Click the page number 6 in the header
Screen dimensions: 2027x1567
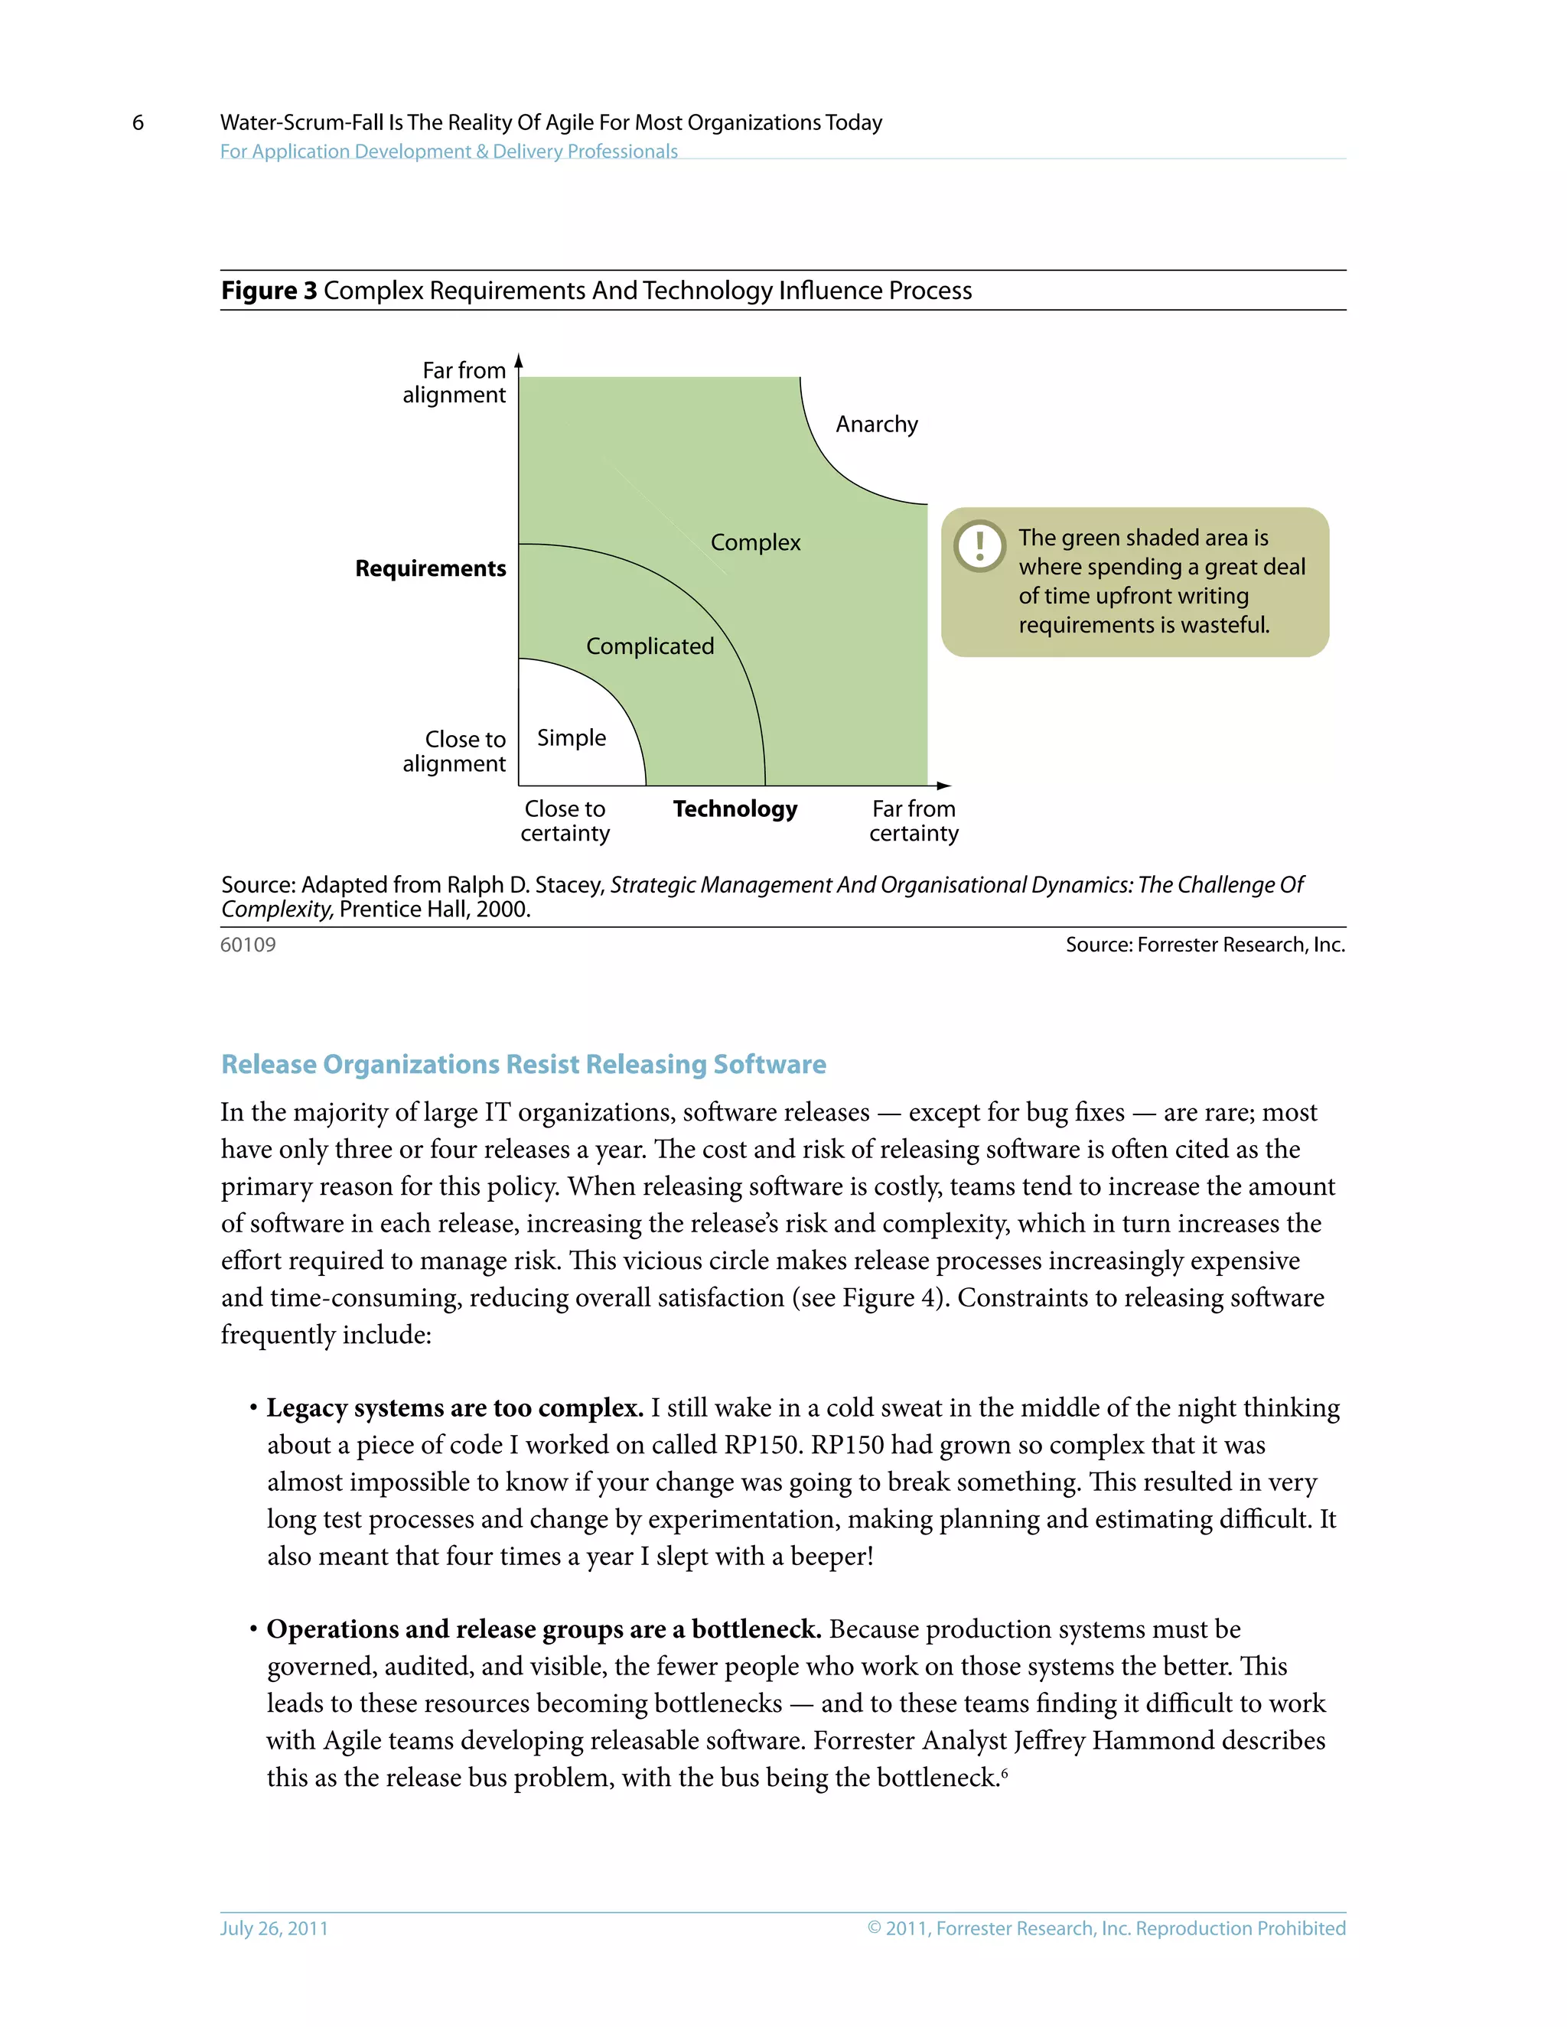tap(138, 122)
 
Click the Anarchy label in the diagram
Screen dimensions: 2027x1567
tap(875, 425)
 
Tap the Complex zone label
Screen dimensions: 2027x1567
tap(754, 542)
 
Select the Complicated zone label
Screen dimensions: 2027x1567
tap(650, 646)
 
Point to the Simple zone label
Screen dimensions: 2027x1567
tap(571, 738)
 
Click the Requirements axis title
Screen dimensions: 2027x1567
tap(431, 568)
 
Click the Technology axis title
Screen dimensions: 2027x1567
tap(735, 809)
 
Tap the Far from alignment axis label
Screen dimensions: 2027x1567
tap(455, 382)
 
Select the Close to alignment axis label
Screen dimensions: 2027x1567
tap(455, 751)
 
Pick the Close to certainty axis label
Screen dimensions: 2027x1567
tap(565, 821)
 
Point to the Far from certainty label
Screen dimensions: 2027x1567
tap(914, 821)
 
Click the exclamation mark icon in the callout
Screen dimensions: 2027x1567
tap(979, 545)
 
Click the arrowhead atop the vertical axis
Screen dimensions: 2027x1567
tap(519, 361)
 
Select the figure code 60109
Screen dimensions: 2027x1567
tap(248, 945)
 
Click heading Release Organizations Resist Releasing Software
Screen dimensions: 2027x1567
tap(523, 1065)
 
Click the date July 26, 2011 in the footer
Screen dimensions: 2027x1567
tap(274, 1928)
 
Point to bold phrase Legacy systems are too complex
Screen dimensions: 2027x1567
tap(455, 1408)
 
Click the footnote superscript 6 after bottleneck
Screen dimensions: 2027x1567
tap(1005, 1772)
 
